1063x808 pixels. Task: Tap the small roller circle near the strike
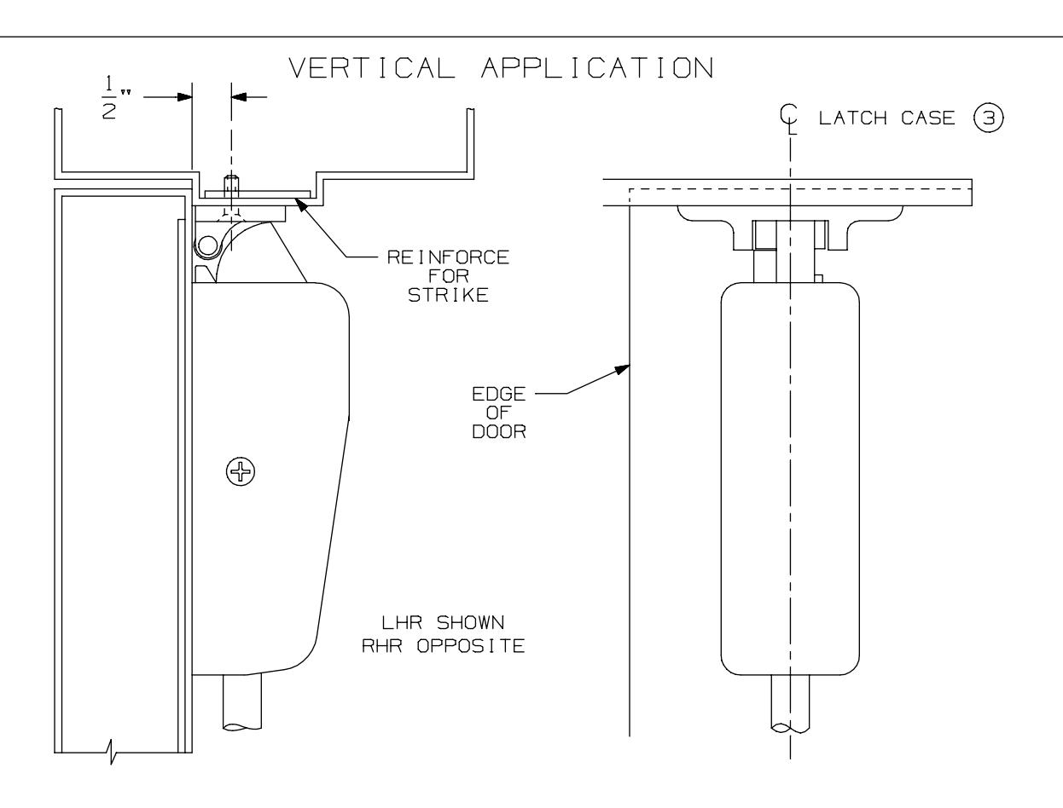[x=205, y=246]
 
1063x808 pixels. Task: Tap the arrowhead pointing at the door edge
[x=623, y=367]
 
